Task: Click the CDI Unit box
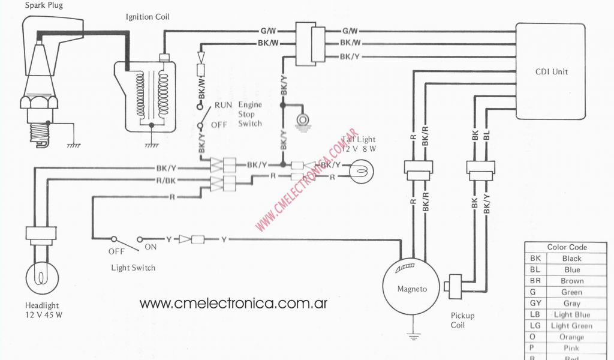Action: coord(552,72)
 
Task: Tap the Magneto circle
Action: coord(413,288)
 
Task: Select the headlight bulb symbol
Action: coord(41,276)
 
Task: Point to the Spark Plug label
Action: coord(44,5)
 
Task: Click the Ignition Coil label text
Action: coord(148,17)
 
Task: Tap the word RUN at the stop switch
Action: coord(224,105)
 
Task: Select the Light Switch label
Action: coord(133,268)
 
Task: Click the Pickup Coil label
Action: coord(462,320)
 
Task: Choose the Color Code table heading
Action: coord(567,247)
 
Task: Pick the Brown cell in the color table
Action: coord(572,281)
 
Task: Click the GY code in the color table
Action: coord(535,304)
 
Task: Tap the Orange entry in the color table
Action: coord(572,337)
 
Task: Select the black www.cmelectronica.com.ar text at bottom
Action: coord(233,303)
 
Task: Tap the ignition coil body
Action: coord(150,96)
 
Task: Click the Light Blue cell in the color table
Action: coord(572,315)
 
